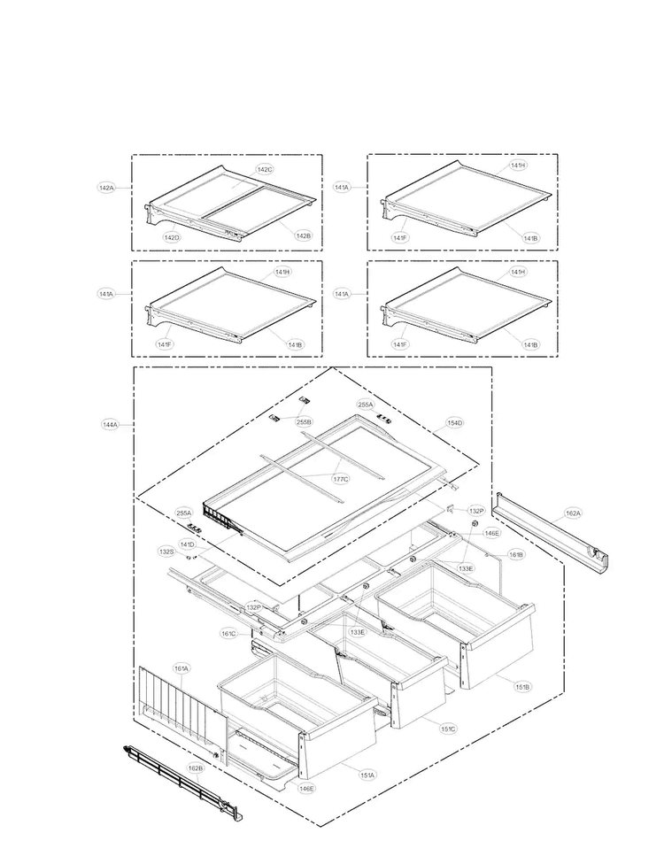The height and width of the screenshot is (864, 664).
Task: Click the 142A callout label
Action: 106,188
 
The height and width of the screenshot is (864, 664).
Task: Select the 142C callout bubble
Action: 265,169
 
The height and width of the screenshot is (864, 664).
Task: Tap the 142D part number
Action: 172,237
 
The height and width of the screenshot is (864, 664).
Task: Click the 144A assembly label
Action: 110,425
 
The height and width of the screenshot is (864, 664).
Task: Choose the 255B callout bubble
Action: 304,422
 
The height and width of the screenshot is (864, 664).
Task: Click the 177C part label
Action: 340,479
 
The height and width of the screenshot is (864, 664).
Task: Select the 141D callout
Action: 188,544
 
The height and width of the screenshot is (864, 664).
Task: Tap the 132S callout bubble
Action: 166,552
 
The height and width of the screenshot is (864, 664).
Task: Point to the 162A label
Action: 573,513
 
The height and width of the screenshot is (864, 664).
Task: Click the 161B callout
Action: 516,555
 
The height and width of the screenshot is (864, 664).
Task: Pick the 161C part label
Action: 228,634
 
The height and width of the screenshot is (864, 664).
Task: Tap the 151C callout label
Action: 449,729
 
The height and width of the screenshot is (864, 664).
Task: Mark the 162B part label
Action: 196,768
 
